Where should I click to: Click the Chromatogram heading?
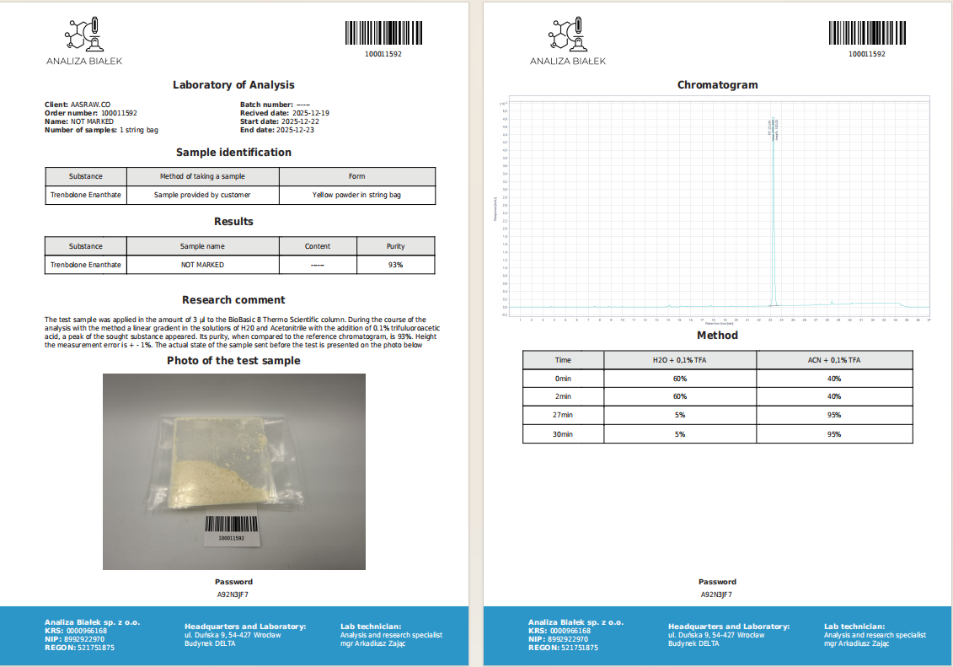coord(717,85)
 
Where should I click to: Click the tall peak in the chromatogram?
coord(773,211)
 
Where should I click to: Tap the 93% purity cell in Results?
coord(395,265)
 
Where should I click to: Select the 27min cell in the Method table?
coord(563,415)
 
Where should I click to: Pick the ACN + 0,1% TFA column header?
coord(834,359)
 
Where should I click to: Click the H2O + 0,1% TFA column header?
coord(680,359)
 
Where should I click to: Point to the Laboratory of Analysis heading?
coord(233,85)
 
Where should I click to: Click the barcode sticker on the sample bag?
coord(231,529)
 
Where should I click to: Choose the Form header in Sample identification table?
coord(356,176)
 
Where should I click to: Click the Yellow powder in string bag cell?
coord(356,195)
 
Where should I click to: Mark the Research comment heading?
coord(233,300)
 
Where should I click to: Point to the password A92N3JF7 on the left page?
coord(233,594)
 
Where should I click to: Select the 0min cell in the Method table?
coord(563,379)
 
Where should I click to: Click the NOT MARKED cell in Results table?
coord(203,265)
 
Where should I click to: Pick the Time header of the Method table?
coord(563,359)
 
